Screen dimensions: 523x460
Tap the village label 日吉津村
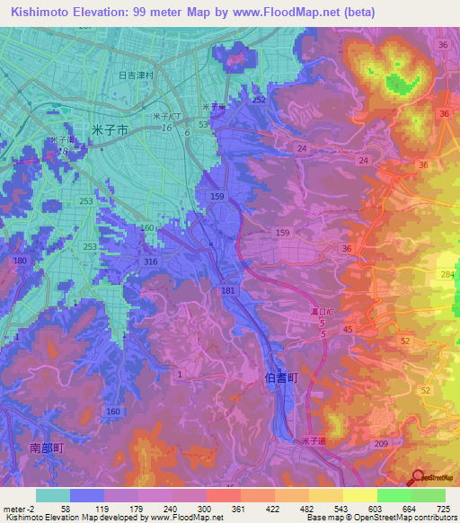tap(136, 76)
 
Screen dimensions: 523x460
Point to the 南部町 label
tap(46, 447)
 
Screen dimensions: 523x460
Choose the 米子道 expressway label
tap(314, 439)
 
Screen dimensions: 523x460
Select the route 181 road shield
tap(228, 290)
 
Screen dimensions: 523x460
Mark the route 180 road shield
tap(21, 261)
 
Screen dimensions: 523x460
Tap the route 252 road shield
tap(259, 100)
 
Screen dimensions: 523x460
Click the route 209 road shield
tap(381, 443)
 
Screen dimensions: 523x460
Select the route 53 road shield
tap(203, 124)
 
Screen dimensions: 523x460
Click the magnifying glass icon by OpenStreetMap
tap(418, 477)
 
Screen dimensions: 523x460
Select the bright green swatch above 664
tap(394, 495)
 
